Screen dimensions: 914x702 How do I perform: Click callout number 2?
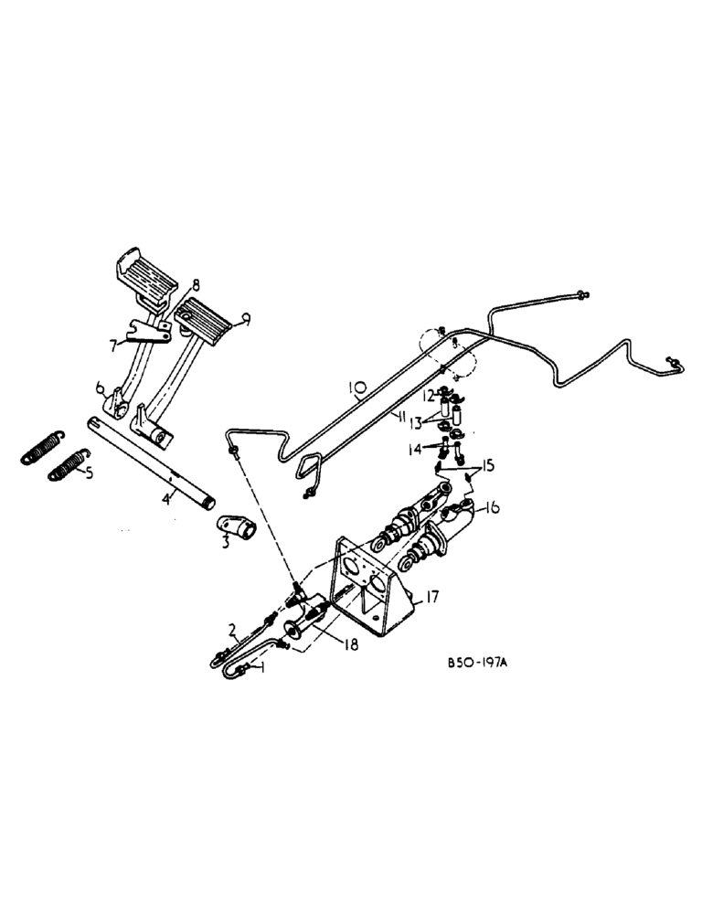click(x=232, y=629)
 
